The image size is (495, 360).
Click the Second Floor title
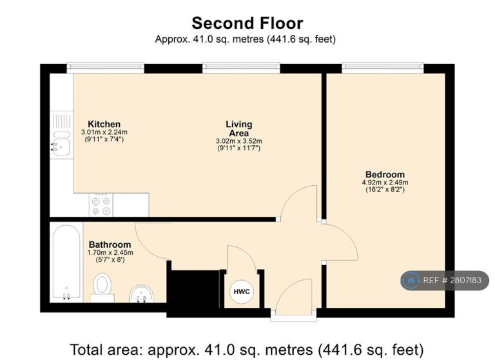[247, 23]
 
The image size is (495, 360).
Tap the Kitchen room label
[104, 124]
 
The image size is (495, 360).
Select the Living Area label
[239, 128]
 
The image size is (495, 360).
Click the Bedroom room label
[385, 174]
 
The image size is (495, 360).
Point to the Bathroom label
[110, 245]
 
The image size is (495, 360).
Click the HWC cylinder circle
[242, 292]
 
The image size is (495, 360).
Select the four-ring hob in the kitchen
[101, 205]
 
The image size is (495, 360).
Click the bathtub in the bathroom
[66, 262]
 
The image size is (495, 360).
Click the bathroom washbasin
[141, 294]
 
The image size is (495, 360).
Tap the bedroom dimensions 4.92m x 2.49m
[385, 183]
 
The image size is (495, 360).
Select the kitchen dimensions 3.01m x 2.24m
[104, 132]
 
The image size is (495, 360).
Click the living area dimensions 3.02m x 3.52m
[239, 141]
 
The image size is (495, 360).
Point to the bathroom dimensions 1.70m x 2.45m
[110, 252]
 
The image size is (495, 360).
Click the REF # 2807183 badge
[445, 281]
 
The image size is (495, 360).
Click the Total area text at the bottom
[247, 350]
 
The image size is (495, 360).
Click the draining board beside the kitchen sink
[62, 121]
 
